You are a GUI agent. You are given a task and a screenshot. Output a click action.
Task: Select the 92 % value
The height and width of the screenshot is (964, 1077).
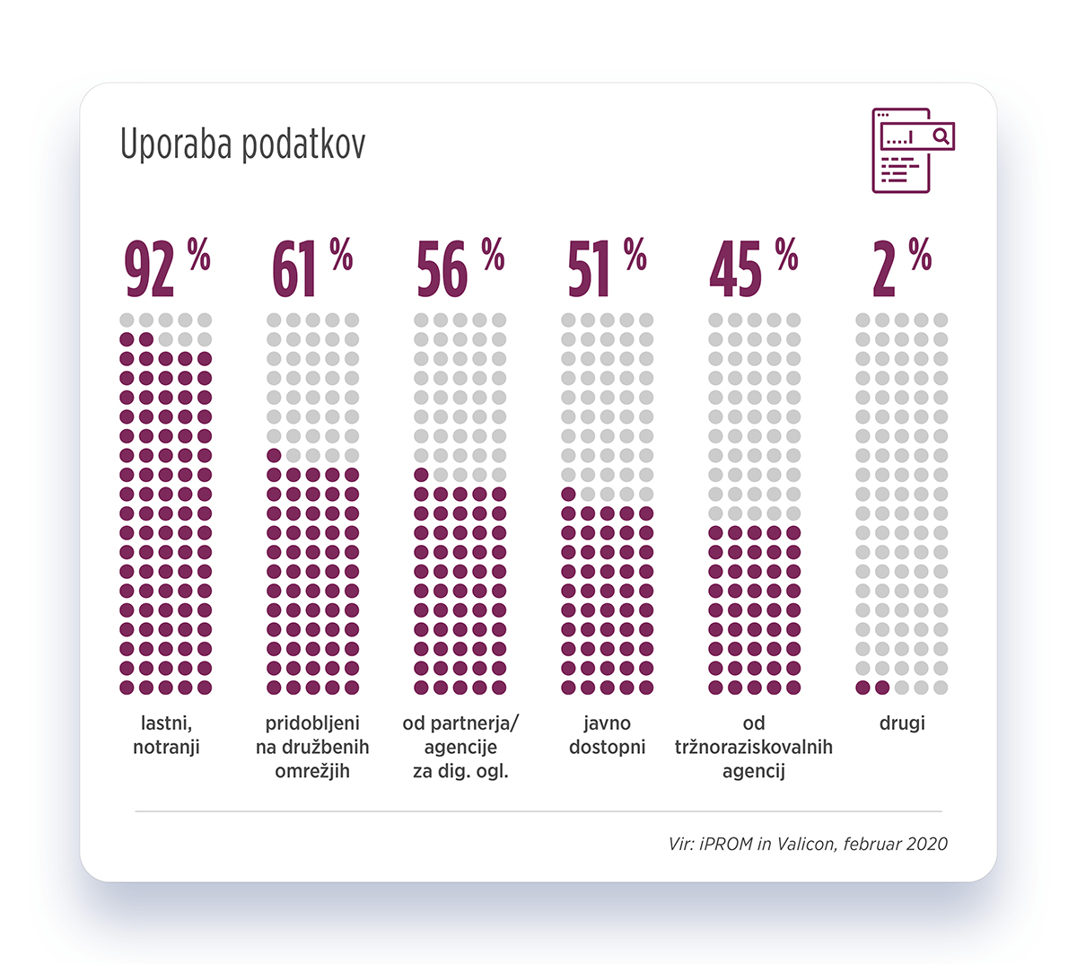tap(167, 267)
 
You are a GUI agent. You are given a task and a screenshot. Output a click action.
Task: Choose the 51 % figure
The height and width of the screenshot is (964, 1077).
tap(607, 267)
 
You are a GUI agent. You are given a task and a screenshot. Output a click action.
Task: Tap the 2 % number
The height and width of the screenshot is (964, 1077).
tap(901, 267)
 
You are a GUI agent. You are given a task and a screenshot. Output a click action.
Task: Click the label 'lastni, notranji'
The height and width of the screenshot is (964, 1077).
tap(167, 734)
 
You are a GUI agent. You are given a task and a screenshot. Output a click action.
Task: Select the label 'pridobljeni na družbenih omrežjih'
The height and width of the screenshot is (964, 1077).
tap(312, 747)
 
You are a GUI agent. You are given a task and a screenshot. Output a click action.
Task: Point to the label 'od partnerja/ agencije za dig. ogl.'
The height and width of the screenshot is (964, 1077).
tap(460, 747)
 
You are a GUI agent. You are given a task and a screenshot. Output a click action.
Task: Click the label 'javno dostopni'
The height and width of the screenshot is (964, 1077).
tap(608, 734)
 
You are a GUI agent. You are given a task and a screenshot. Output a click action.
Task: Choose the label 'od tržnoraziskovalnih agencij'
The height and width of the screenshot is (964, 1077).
tap(754, 747)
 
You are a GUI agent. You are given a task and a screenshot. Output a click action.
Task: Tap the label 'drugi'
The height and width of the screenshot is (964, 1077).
tap(902, 723)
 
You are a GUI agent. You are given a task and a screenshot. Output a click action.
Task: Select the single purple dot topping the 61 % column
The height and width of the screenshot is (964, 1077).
tap(274, 455)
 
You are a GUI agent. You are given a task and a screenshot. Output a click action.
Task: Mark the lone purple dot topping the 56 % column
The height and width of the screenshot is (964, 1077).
tap(421, 475)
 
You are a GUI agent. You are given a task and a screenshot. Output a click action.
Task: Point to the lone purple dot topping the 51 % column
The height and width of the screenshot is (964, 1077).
tap(568, 494)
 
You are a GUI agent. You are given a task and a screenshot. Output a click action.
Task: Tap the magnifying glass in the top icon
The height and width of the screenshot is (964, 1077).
tap(941, 136)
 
